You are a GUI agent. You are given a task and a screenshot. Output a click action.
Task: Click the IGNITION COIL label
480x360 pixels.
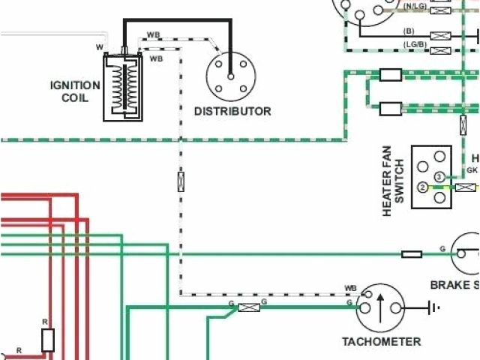click(x=75, y=91)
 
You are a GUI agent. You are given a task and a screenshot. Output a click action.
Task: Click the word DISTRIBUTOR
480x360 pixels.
click(x=232, y=111)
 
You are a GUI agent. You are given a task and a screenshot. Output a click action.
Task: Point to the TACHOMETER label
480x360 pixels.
click(x=381, y=342)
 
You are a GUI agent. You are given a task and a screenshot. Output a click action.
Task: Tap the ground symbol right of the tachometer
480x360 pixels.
click(x=433, y=306)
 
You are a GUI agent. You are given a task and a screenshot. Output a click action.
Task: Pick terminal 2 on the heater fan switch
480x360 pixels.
click(x=423, y=187)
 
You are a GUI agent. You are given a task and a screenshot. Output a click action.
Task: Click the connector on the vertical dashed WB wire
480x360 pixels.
click(x=180, y=181)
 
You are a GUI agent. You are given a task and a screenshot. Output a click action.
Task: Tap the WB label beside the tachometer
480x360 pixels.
click(x=350, y=288)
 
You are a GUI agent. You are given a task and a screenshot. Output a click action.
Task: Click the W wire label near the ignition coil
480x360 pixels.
click(x=99, y=47)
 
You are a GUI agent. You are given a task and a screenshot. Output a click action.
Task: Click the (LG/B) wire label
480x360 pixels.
click(x=415, y=44)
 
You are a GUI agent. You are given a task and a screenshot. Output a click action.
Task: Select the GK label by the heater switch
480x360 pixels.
click(x=472, y=170)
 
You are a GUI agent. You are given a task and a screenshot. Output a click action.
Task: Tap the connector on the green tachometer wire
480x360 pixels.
click(x=249, y=306)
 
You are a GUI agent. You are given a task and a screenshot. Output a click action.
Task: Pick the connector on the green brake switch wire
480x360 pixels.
click(x=412, y=254)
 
